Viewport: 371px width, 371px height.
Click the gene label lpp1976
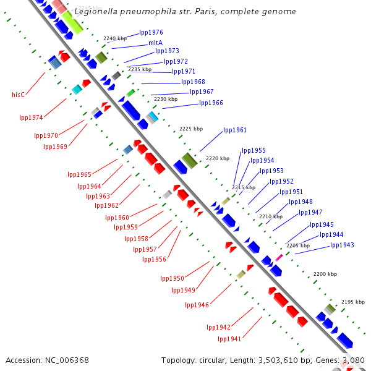[x=151, y=32]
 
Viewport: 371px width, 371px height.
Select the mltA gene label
[x=155, y=43]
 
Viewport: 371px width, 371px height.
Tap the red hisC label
[x=18, y=95]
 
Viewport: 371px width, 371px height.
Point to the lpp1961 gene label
[x=235, y=130]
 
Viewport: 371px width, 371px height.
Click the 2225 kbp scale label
[x=190, y=129]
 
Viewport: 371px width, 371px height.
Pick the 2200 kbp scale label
[x=325, y=273]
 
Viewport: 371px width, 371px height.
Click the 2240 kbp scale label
[x=114, y=38]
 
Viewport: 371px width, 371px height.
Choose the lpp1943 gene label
[x=342, y=245]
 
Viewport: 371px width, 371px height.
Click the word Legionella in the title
[x=95, y=12]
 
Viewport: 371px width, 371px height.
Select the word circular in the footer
[x=220, y=360]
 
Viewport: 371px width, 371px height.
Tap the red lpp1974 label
[x=31, y=117]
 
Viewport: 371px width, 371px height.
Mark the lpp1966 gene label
[x=211, y=103]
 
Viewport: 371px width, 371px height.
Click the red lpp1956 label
[x=154, y=258]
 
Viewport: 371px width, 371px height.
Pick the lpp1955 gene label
[x=254, y=150]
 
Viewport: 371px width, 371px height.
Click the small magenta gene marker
[x=279, y=257]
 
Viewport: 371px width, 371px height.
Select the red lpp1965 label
[x=79, y=174]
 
